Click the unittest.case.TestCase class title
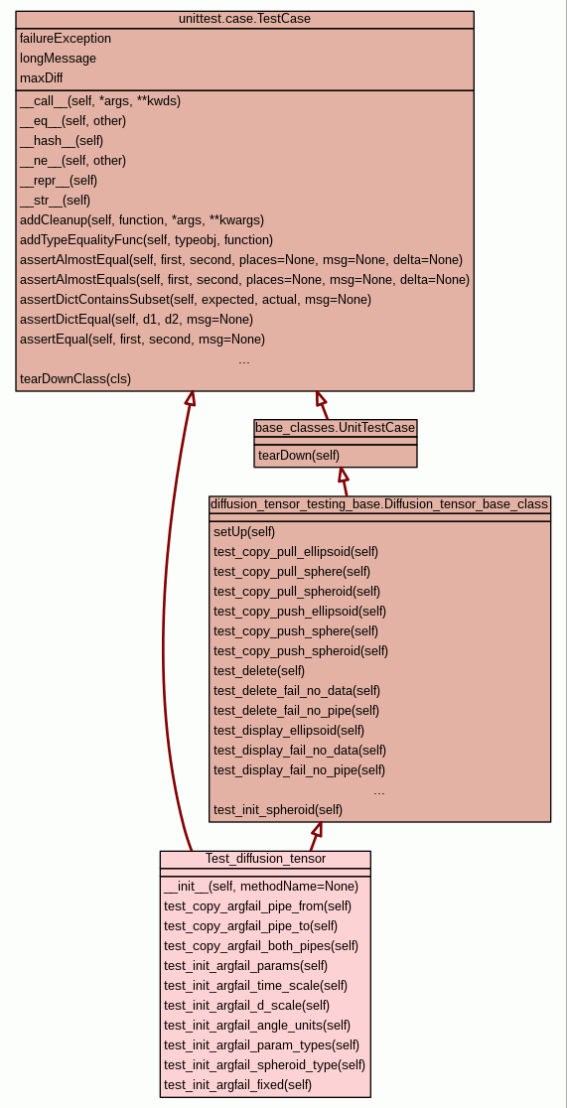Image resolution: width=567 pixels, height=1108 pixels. pos(244,19)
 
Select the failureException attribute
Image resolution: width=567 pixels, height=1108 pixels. pos(66,39)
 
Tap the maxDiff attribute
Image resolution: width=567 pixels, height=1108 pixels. pos(42,78)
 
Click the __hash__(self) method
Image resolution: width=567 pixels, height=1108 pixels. pos(62,141)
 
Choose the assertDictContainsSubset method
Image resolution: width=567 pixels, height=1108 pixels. pos(196,299)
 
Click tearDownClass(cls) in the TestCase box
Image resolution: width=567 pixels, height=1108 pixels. pos(75,378)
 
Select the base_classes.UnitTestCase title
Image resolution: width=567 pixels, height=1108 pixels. pos(335,428)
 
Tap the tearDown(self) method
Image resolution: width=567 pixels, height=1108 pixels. pos(298,455)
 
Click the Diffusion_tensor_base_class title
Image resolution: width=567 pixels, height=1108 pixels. pos(379,504)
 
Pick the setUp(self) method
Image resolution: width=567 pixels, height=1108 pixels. pos(244,532)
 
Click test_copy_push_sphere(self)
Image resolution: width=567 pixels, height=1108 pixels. pos(296,631)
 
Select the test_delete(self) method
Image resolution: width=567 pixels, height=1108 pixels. pos(259,670)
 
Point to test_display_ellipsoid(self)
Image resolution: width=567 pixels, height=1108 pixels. pos(289,730)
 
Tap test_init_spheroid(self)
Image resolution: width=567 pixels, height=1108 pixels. pos(278,809)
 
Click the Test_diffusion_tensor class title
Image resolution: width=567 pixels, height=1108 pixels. pos(266,859)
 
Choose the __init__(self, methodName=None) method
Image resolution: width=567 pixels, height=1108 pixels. pos(261,887)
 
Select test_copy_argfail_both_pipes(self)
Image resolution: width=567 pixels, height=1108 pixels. pos(261,945)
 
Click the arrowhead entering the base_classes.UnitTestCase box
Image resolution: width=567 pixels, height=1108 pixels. pos(343,475)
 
